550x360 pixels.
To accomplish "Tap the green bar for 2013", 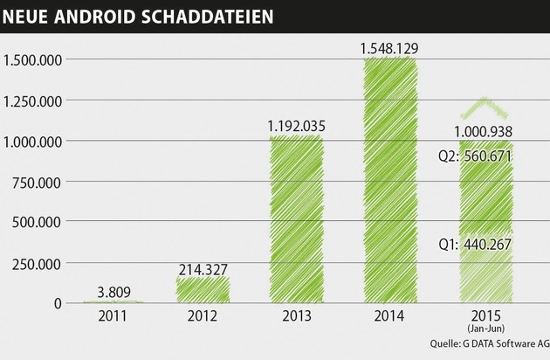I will pyautogui.click(x=296, y=218).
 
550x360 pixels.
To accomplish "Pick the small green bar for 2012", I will pyautogui.click(x=203, y=289).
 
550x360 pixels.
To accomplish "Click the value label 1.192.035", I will pyautogui.click(x=296, y=126).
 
